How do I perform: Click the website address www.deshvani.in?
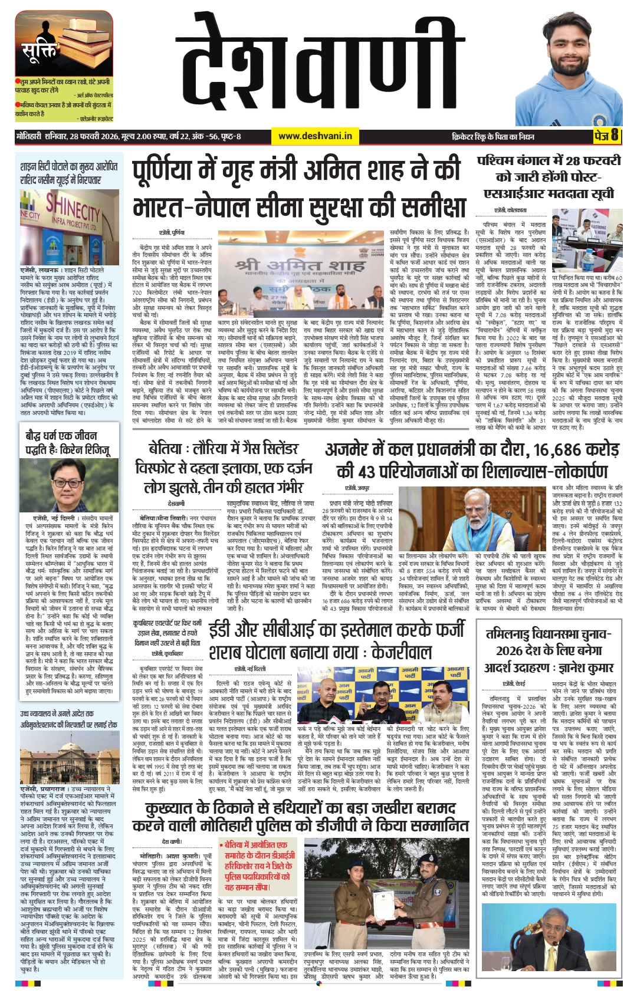(x=315, y=136)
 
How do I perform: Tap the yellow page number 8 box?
(x=606, y=136)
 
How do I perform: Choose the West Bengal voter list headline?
(x=549, y=177)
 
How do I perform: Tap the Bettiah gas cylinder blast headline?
(x=225, y=468)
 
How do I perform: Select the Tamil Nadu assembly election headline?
(x=548, y=650)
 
